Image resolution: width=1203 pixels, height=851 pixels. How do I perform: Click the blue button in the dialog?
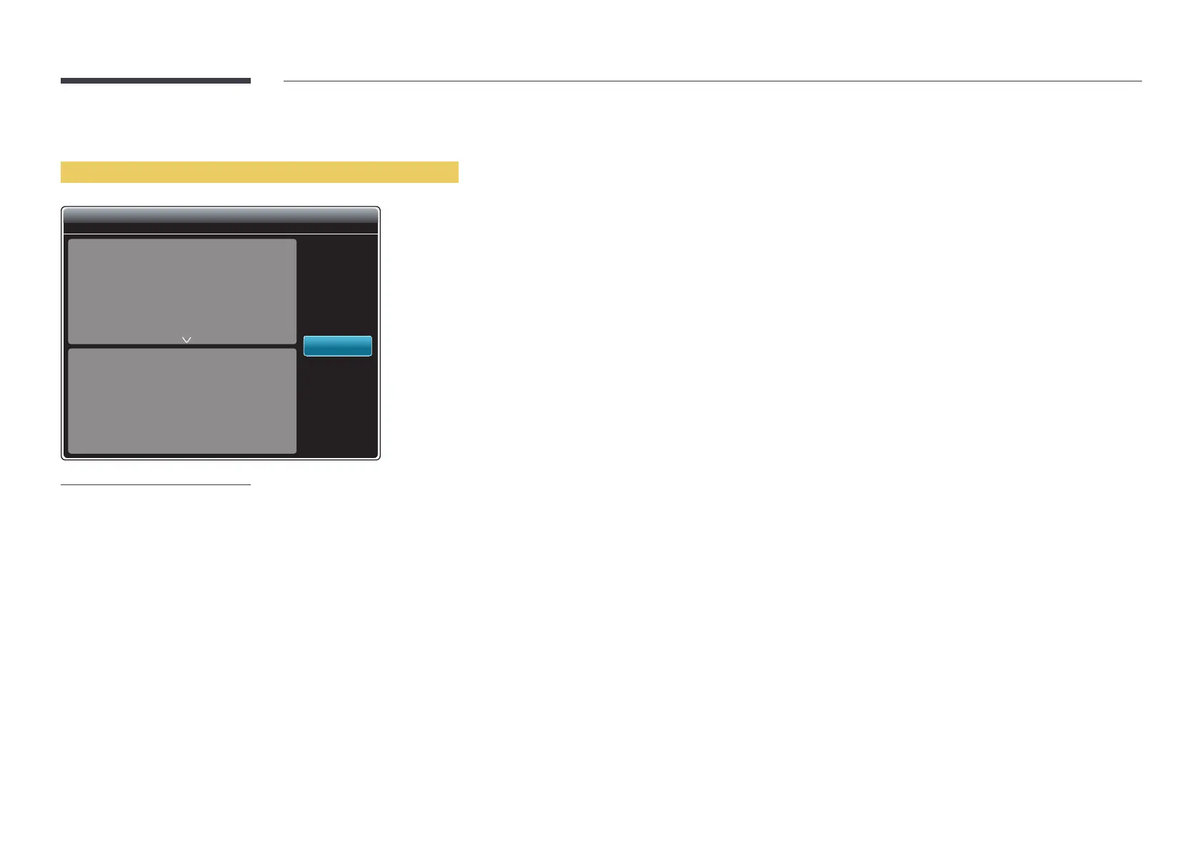(337, 346)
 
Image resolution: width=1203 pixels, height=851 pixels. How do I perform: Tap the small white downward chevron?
(186, 340)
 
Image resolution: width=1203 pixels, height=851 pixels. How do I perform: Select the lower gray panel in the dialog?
(182, 401)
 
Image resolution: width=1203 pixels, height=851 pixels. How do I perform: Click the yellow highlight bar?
(259, 172)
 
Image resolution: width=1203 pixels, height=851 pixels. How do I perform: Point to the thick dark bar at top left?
(156, 81)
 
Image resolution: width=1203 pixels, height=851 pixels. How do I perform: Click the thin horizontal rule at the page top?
(712, 81)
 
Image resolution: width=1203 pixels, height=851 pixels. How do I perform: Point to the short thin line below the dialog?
(156, 485)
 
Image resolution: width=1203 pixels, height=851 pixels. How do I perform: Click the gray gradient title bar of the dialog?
(221, 216)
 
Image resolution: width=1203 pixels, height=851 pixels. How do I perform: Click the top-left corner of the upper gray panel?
(70, 241)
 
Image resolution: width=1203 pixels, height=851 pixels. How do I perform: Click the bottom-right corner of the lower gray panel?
(294, 452)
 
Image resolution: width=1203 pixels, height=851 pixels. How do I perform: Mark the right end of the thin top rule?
(1140, 81)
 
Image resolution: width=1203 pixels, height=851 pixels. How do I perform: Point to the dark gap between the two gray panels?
(182, 347)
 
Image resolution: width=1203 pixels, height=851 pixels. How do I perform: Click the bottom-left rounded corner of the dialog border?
(64, 457)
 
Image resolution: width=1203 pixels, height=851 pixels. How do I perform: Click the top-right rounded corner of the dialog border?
(378, 209)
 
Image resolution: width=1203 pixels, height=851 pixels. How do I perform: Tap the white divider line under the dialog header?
(221, 234)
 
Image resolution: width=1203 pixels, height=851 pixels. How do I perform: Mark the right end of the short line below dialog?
(249, 485)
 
